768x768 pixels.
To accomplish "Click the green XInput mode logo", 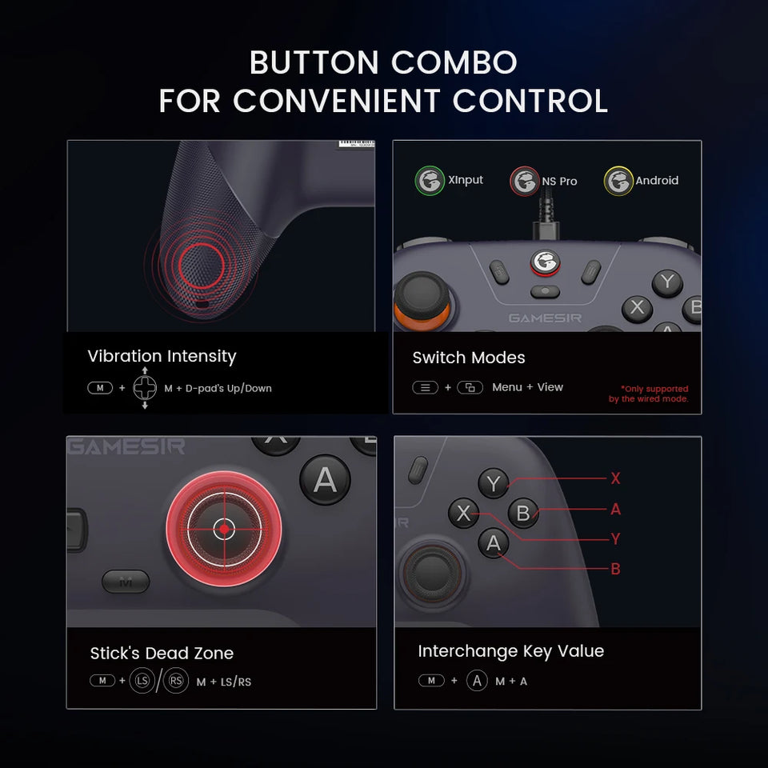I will point(430,181).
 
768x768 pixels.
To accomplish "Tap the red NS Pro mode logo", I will point(525,182).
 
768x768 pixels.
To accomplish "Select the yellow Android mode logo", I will point(618,181).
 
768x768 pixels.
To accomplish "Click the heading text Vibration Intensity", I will point(162,356).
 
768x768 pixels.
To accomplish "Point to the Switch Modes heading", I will point(469,358).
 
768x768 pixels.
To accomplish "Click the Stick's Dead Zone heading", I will point(162,653).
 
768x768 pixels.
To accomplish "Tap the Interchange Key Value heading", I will point(510,651).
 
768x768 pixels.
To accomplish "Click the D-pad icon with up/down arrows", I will point(145,388).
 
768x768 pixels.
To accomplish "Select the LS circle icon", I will point(142,681).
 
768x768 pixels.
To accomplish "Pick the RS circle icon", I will point(176,681).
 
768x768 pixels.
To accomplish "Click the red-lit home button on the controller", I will point(546,262).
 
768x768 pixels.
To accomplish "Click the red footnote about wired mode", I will point(648,394).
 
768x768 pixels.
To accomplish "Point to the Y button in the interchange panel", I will point(494,483).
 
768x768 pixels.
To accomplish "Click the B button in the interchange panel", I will point(523,513).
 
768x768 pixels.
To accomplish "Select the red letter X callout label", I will point(615,478).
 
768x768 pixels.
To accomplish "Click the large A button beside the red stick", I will point(325,480).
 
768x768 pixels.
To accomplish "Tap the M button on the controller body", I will point(126,582).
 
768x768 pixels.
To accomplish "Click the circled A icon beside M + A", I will point(477,681).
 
